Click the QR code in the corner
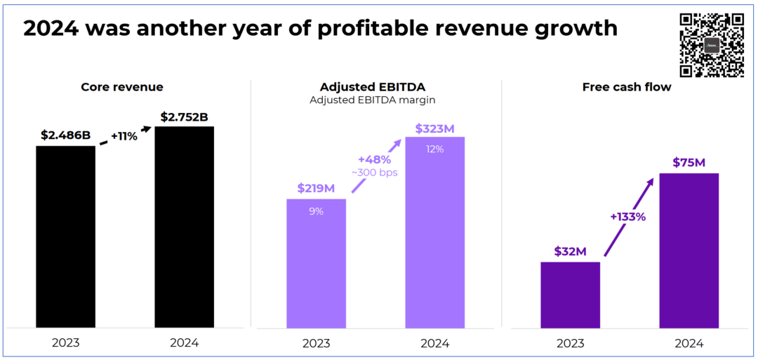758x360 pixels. [x=712, y=45]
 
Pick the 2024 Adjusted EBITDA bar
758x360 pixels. [x=435, y=232]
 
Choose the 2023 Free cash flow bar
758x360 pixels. [x=570, y=295]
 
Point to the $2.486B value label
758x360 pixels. [x=65, y=135]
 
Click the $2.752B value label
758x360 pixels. [x=184, y=116]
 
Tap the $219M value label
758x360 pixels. [x=316, y=188]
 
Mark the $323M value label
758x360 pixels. [x=435, y=129]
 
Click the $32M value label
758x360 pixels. [x=570, y=251]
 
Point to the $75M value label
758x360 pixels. [x=689, y=163]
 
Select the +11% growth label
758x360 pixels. [x=124, y=136]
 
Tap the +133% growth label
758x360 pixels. [x=627, y=217]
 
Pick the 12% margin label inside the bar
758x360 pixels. [x=435, y=149]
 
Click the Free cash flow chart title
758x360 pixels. [x=627, y=87]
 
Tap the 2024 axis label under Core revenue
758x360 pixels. [x=184, y=343]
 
